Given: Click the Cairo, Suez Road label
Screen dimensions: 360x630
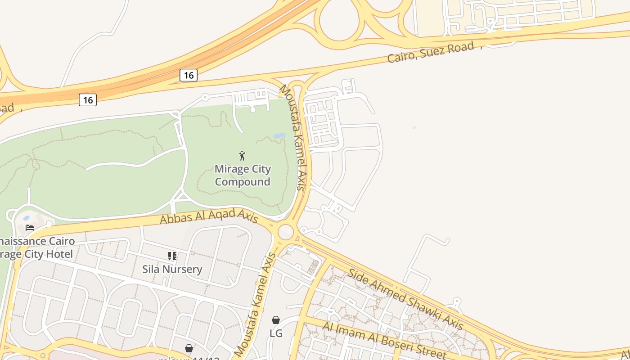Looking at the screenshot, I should point(431,52).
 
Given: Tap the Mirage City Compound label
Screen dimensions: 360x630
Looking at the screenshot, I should point(243,175).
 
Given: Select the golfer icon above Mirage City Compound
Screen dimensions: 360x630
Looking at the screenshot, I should point(243,156).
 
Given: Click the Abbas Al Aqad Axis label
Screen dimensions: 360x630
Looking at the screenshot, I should point(209,217).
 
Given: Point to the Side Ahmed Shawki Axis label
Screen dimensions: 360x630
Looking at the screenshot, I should point(405,299).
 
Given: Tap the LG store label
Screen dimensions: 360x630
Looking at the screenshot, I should point(276,333).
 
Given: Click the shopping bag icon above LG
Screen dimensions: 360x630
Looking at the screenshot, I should point(276,320).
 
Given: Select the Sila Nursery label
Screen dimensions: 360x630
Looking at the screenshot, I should point(172,269).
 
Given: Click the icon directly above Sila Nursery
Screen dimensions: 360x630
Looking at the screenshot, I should point(172,256).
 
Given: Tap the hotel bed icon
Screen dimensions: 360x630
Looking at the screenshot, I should point(30,227).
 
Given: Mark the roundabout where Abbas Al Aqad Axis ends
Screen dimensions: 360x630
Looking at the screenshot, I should point(286,233).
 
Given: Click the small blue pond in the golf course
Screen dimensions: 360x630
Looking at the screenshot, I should point(279,135).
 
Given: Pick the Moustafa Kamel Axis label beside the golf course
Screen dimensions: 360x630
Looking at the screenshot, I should point(294,137).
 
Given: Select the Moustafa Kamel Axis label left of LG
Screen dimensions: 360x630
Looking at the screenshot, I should point(256,305).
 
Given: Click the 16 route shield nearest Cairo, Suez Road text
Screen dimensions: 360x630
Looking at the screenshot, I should point(189,75).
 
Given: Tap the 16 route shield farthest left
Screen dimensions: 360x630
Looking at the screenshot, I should point(88,100).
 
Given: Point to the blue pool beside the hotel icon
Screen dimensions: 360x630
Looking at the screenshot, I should point(26,218).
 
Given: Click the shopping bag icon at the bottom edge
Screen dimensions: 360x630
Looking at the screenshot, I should point(189,348).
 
